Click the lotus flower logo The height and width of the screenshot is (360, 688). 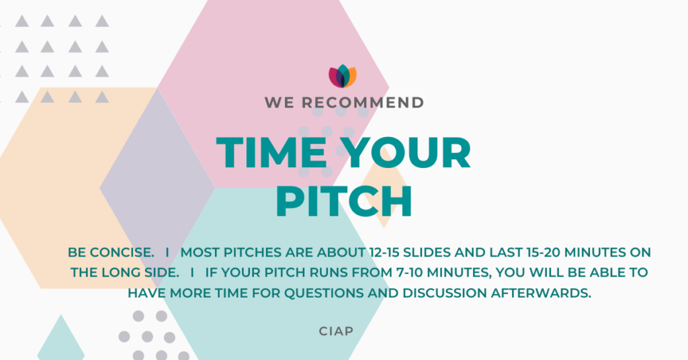343,77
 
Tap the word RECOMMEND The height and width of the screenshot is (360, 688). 363,103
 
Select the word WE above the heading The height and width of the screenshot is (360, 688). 279,103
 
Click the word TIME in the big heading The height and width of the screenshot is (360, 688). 271,152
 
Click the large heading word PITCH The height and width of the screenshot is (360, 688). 344,201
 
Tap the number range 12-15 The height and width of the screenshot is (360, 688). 384,253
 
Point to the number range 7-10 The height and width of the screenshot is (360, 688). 410,272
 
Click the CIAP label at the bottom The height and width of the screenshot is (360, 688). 336,331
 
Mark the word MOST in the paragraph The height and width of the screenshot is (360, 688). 200,253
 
